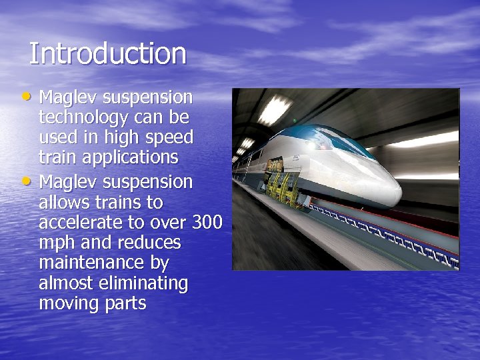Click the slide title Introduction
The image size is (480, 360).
(x=107, y=54)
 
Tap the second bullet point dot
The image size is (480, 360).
(x=31, y=179)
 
